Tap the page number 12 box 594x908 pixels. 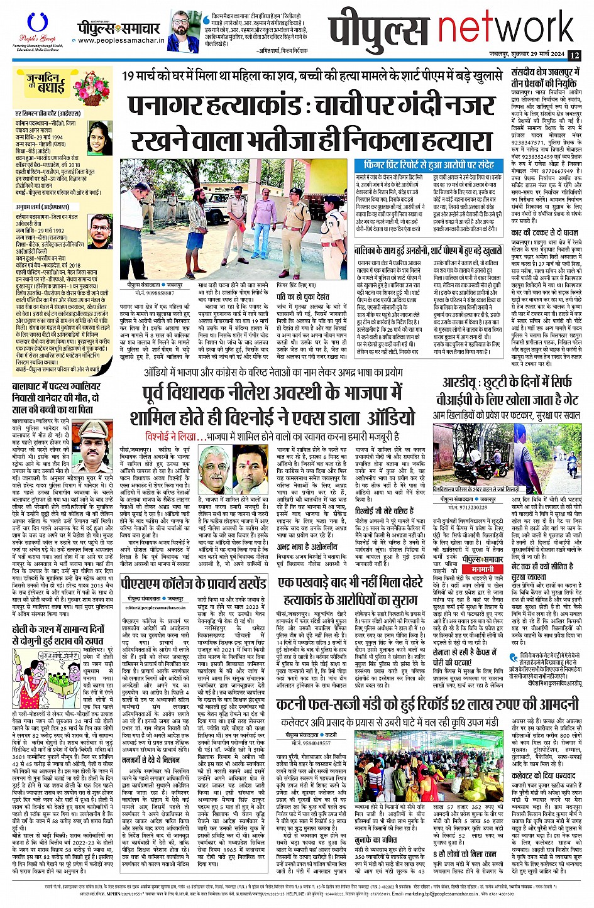point(575,55)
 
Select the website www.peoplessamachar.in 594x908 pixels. point(121,41)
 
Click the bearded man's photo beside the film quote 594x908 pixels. point(184,30)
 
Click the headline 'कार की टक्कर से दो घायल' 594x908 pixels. point(542,232)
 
